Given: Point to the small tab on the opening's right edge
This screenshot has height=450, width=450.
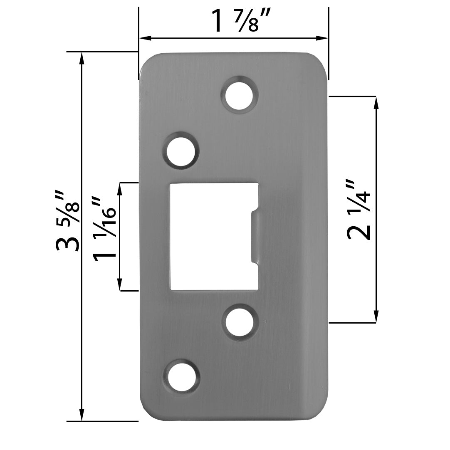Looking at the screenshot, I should pyautogui.click(x=255, y=237).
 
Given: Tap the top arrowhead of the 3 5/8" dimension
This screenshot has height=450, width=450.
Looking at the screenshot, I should pyautogui.click(x=82, y=58).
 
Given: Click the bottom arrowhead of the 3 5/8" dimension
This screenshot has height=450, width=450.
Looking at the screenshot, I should pyautogui.click(x=82, y=415).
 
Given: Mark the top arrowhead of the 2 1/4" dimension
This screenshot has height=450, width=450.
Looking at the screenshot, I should pyautogui.click(x=376, y=102).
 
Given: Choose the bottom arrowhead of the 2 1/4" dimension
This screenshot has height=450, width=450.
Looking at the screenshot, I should pyautogui.click(x=376, y=317).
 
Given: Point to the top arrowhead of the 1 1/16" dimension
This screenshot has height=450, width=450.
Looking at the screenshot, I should pyautogui.click(x=120, y=188).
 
